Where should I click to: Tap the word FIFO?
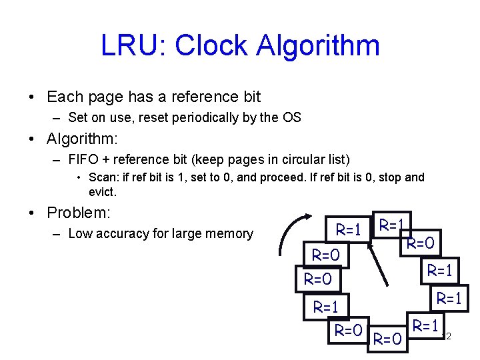[83, 160]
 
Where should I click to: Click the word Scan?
[104, 178]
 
